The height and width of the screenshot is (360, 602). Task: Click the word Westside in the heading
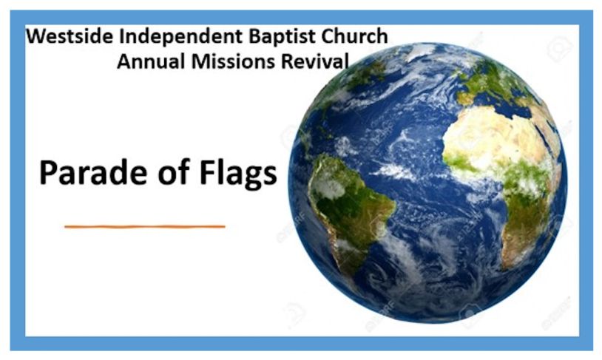(70, 36)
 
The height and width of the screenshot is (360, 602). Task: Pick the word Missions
(233, 61)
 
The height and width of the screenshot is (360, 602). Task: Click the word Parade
(93, 173)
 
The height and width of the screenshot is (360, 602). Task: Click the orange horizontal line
(145, 227)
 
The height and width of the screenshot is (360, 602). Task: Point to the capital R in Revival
(287, 62)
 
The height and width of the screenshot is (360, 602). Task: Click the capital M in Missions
(200, 62)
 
